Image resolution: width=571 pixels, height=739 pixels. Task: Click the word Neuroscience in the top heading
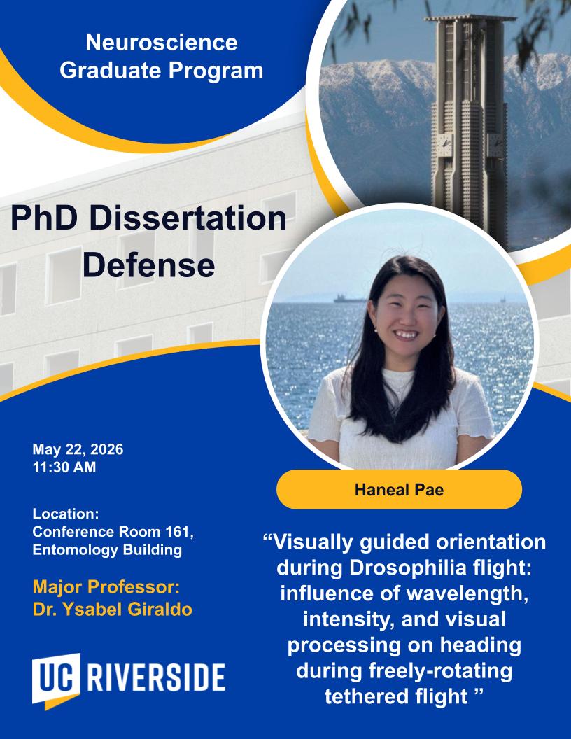click(x=162, y=43)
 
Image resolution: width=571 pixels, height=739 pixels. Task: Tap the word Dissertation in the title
click(x=187, y=218)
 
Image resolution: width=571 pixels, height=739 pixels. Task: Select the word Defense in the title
click(x=149, y=265)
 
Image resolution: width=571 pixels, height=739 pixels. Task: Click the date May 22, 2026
click(x=78, y=449)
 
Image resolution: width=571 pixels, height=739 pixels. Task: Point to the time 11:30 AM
click(x=64, y=467)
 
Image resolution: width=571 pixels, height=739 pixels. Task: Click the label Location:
click(x=66, y=514)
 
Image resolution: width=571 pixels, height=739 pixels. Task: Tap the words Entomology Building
click(x=107, y=550)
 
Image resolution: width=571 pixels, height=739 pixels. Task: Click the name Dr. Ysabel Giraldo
click(x=112, y=610)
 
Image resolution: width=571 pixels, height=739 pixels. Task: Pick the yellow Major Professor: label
click(x=106, y=587)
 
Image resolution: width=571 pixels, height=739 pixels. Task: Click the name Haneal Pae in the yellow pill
click(x=399, y=490)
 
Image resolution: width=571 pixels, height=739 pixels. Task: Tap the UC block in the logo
click(x=55, y=680)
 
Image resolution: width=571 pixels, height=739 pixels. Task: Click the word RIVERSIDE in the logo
click(x=156, y=678)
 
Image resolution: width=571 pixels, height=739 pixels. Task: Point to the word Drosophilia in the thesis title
click(x=407, y=568)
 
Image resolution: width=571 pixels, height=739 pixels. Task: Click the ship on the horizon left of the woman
click(x=348, y=299)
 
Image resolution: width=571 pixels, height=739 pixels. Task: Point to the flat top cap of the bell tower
click(x=470, y=20)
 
